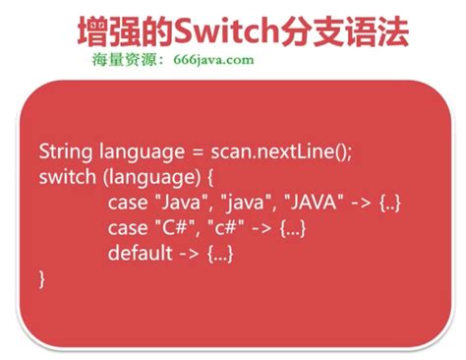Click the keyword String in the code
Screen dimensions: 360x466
pyautogui.click(x=66, y=152)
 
